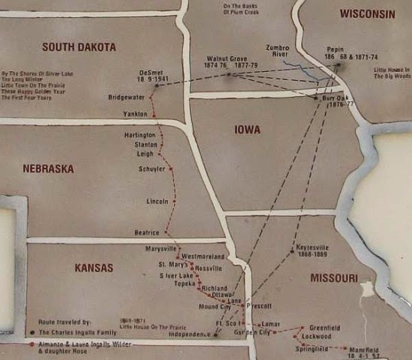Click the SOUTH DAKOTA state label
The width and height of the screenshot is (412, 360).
tap(79, 47)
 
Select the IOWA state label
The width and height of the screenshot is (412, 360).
tap(246, 130)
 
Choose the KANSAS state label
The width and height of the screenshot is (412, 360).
tap(93, 268)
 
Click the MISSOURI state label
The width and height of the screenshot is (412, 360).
tap(333, 278)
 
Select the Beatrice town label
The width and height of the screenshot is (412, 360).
tap(146, 232)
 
